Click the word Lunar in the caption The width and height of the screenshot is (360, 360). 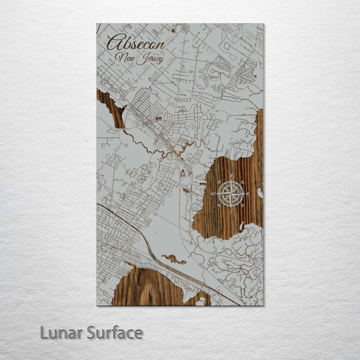[61, 333]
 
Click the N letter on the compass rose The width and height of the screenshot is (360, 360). [231, 176]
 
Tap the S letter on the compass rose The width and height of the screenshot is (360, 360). [231, 211]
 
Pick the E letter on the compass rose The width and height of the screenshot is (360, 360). [248, 194]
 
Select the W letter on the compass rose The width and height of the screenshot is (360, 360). [213, 194]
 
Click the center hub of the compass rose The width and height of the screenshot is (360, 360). [231, 194]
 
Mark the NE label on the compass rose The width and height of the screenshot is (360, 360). [243, 182]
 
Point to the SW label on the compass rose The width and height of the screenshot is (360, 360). [219, 205]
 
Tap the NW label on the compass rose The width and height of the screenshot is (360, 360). [219, 182]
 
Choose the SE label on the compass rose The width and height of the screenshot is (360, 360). [243, 205]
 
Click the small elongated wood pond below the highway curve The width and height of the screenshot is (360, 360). [173, 259]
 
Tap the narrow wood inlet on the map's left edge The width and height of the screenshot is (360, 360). [112, 107]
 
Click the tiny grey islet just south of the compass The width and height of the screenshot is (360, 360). [241, 226]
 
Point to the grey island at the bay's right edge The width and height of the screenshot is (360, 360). [260, 193]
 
